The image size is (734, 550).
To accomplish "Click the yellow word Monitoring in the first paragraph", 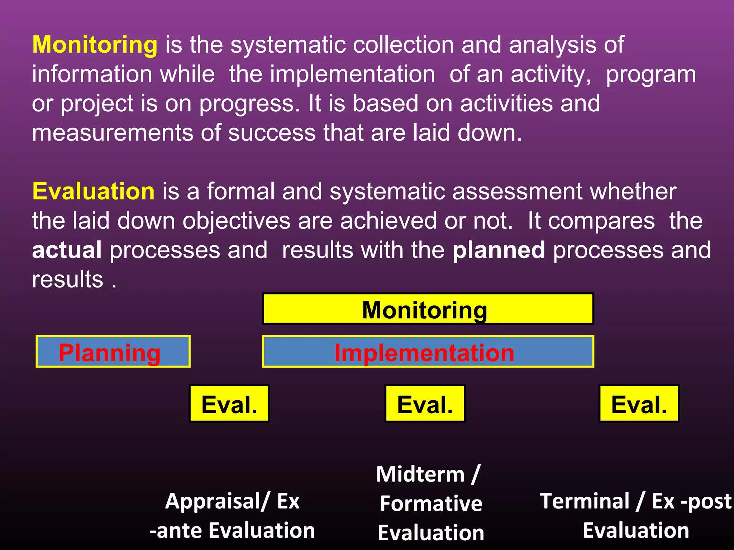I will pyautogui.click(x=95, y=45).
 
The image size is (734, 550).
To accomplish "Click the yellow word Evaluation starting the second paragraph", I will pyautogui.click(x=93, y=192).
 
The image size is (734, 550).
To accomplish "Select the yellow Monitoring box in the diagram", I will pyautogui.click(x=428, y=309).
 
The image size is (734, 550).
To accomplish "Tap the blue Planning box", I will pyautogui.click(x=113, y=352).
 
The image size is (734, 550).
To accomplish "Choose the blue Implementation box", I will pyautogui.click(x=428, y=352).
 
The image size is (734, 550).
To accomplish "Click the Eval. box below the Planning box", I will pyautogui.click(x=229, y=404).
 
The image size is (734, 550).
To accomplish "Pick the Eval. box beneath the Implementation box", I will pyautogui.click(x=425, y=404).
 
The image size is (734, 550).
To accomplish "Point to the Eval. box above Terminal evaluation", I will pyautogui.click(x=639, y=404).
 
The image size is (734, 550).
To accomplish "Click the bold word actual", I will pyautogui.click(x=67, y=250).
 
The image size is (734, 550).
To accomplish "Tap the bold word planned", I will pyautogui.click(x=499, y=250).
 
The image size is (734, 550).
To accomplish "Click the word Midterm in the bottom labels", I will pyautogui.click(x=420, y=475).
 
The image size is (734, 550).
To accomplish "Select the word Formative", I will pyautogui.click(x=431, y=504).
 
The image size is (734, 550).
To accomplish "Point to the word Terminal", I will pyautogui.click(x=585, y=501).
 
